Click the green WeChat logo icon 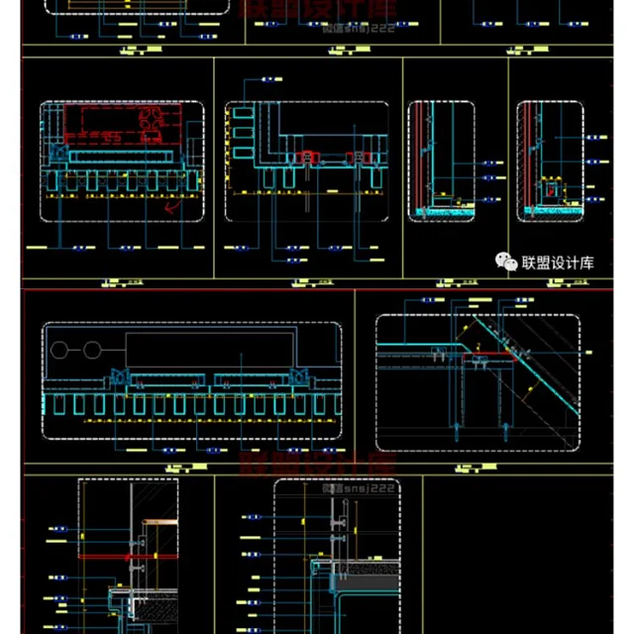(506, 262)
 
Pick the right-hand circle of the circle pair (92, 350)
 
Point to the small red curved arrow (174, 207)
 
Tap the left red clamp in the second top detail (309, 157)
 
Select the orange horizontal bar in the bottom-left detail (159, 521)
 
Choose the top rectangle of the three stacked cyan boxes (242, 114)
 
